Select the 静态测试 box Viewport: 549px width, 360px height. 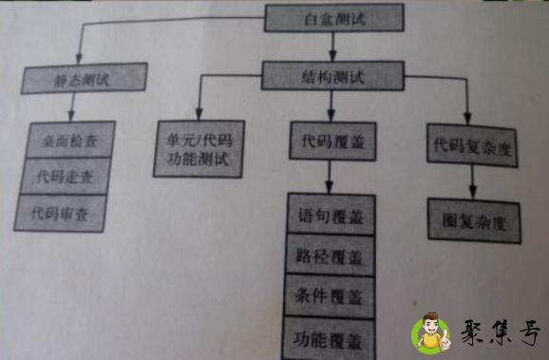click(85, 77)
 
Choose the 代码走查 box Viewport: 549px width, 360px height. click(66, 175)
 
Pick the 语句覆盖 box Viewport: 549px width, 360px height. click(330, 216)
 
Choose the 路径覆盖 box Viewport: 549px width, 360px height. click(330, 255)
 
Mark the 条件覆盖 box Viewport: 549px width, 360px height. click(330, 295)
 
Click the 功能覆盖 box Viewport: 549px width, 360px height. click(330, 335)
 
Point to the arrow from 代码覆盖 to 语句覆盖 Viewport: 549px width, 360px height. click(329, 178)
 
